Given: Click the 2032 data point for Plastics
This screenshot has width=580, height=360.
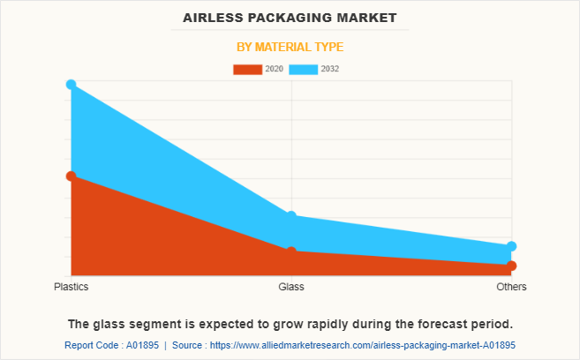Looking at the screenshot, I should coord(71,85).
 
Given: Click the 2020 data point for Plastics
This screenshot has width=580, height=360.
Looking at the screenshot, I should coord(71,176).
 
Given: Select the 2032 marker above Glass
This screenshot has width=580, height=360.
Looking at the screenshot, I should coord(291,216).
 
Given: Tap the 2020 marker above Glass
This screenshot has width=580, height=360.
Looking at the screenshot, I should coord(291,251).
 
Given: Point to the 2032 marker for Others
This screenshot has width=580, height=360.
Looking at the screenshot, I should coord(512,246).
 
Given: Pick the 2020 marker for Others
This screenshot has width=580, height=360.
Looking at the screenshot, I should coord(512,266).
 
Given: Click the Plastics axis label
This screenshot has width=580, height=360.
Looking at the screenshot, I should coord(71,288).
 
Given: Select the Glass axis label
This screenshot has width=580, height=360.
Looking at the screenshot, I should coord(291,288).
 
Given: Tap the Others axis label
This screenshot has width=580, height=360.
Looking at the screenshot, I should coord(512,288).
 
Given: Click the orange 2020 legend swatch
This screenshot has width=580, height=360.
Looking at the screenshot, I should coord(247,69).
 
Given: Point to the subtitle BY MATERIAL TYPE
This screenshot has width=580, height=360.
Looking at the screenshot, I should coord(290,47).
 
